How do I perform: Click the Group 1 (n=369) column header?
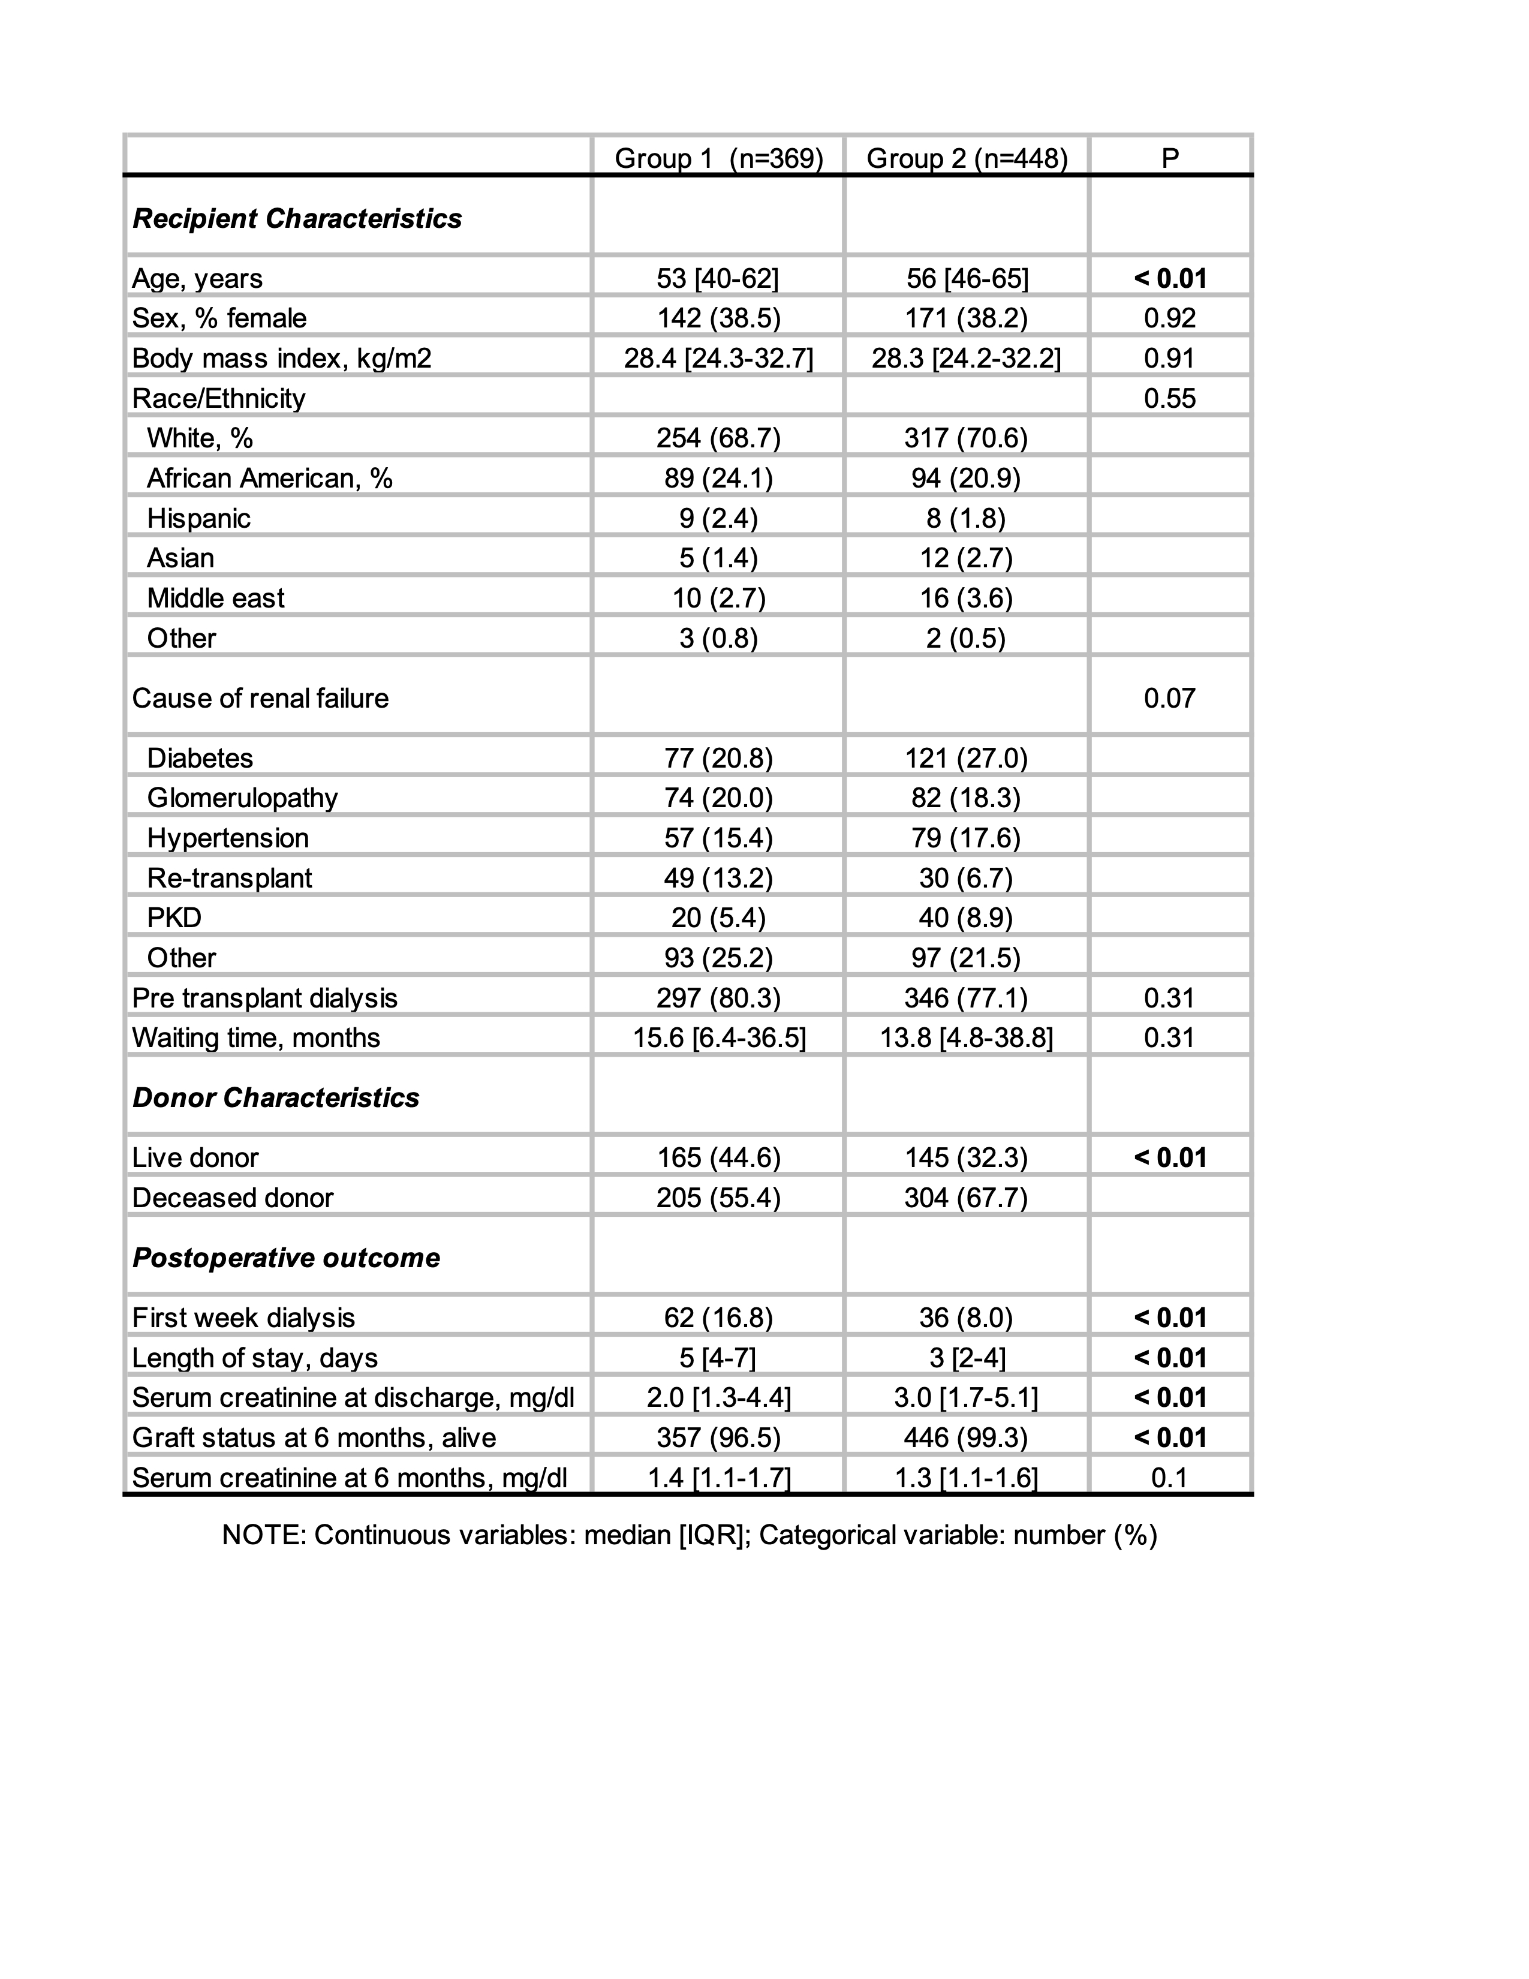coord(718,158)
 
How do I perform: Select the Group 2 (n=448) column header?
coord(967,158)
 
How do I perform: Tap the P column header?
coord(1169,158)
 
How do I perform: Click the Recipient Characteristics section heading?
coord(297,218)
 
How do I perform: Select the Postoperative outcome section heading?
coord(286,1258)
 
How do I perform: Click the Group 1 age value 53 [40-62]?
coord(717,278)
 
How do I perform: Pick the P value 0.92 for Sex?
coord(1169,318)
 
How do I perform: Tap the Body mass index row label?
coord(282,358)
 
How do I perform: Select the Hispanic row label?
coord(198,518)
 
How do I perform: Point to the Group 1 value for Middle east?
coord(718,598)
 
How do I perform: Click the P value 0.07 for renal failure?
coord(1169,697)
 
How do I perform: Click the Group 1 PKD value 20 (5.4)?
coord(718,918)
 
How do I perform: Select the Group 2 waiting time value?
coord(967,1037)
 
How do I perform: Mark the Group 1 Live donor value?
coord(718,1157)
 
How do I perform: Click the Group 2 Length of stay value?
coord(967,1357)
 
